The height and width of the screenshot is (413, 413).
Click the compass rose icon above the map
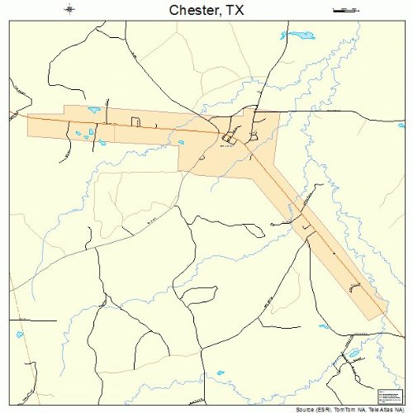[70, 10]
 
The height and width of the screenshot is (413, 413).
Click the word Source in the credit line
[308, 408]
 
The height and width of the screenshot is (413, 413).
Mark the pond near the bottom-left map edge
[20, 335]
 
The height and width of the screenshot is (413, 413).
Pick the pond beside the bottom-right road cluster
[354, 354]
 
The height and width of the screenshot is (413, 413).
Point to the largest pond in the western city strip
[93, 110]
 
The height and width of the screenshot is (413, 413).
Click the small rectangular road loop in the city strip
[135, 123]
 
